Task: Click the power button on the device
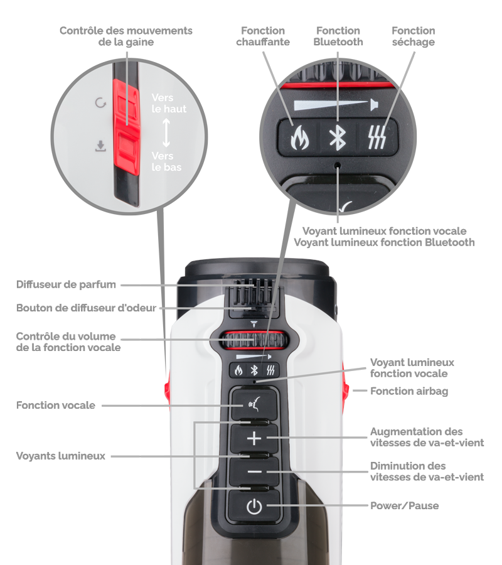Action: (254, 506)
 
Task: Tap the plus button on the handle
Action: (254, 439)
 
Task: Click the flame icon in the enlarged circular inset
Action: (299, 137)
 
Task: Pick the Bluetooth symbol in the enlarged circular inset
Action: (338, 137)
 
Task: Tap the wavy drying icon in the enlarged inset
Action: (377, 137)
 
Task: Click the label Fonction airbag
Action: (409, 391)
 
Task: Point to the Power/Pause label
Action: (404, 505)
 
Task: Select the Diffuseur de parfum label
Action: (66, 284)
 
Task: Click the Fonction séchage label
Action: (414, 36)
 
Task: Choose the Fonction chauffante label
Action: (263, 36)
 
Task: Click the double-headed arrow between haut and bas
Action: (166, 132)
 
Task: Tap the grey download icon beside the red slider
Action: (100, 146)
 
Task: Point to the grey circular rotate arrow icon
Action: (100, 103)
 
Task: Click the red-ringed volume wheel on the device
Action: (254, 340)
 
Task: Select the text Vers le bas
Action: (166, 161)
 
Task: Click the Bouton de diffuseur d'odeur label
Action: (86, 308)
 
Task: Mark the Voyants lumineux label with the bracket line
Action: (60, 456)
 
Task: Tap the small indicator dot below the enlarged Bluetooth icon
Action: (338, 165)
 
